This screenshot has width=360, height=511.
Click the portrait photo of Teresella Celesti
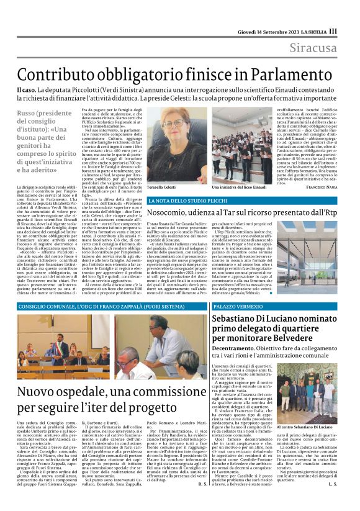tap(176, 145)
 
